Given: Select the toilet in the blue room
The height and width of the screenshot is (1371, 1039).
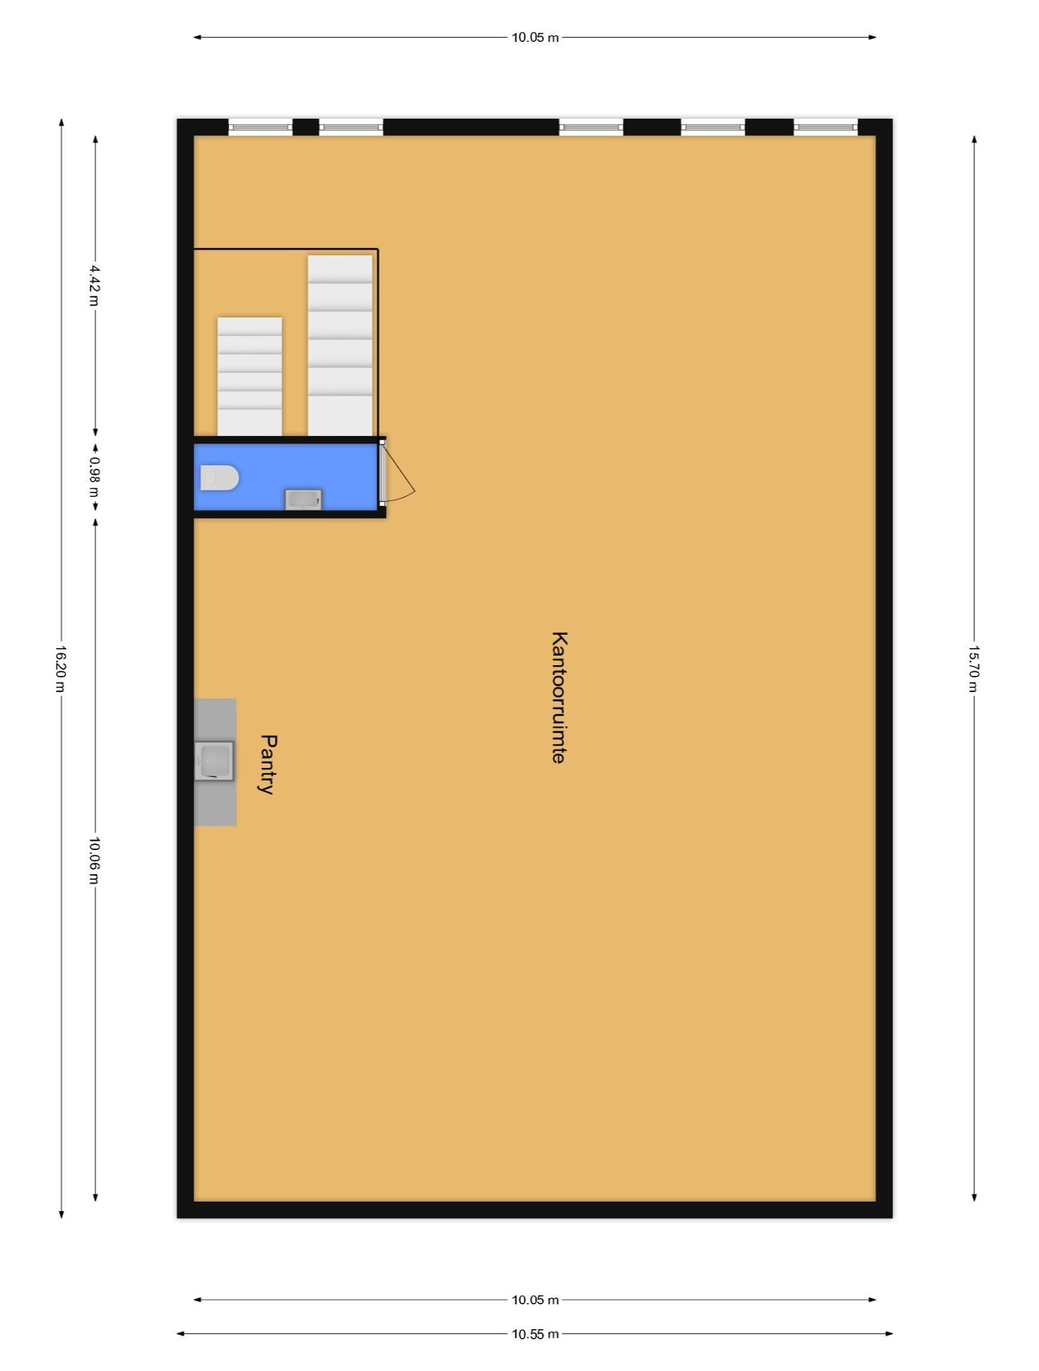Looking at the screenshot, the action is coord(219,477).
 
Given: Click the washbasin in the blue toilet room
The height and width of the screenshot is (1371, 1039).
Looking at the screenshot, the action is coord(303,499).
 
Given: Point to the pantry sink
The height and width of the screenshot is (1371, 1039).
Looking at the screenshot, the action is coord(214,760).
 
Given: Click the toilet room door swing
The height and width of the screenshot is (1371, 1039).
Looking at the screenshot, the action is coord(399,473).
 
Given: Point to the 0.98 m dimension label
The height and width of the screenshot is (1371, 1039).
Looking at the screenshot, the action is coord(94,470).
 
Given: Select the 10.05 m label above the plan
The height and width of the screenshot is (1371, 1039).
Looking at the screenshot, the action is coord(535,37).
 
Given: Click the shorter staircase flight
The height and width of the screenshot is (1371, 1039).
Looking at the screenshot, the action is coord(249,376).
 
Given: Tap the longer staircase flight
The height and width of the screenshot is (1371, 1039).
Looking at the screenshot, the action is coord(340,346).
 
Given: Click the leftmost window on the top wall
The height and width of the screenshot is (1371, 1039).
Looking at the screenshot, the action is coord(260,127).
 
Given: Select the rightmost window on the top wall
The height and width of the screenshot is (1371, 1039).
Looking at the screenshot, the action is coord(826,127).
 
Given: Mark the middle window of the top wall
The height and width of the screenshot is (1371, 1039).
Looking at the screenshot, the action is coord(591,127).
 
